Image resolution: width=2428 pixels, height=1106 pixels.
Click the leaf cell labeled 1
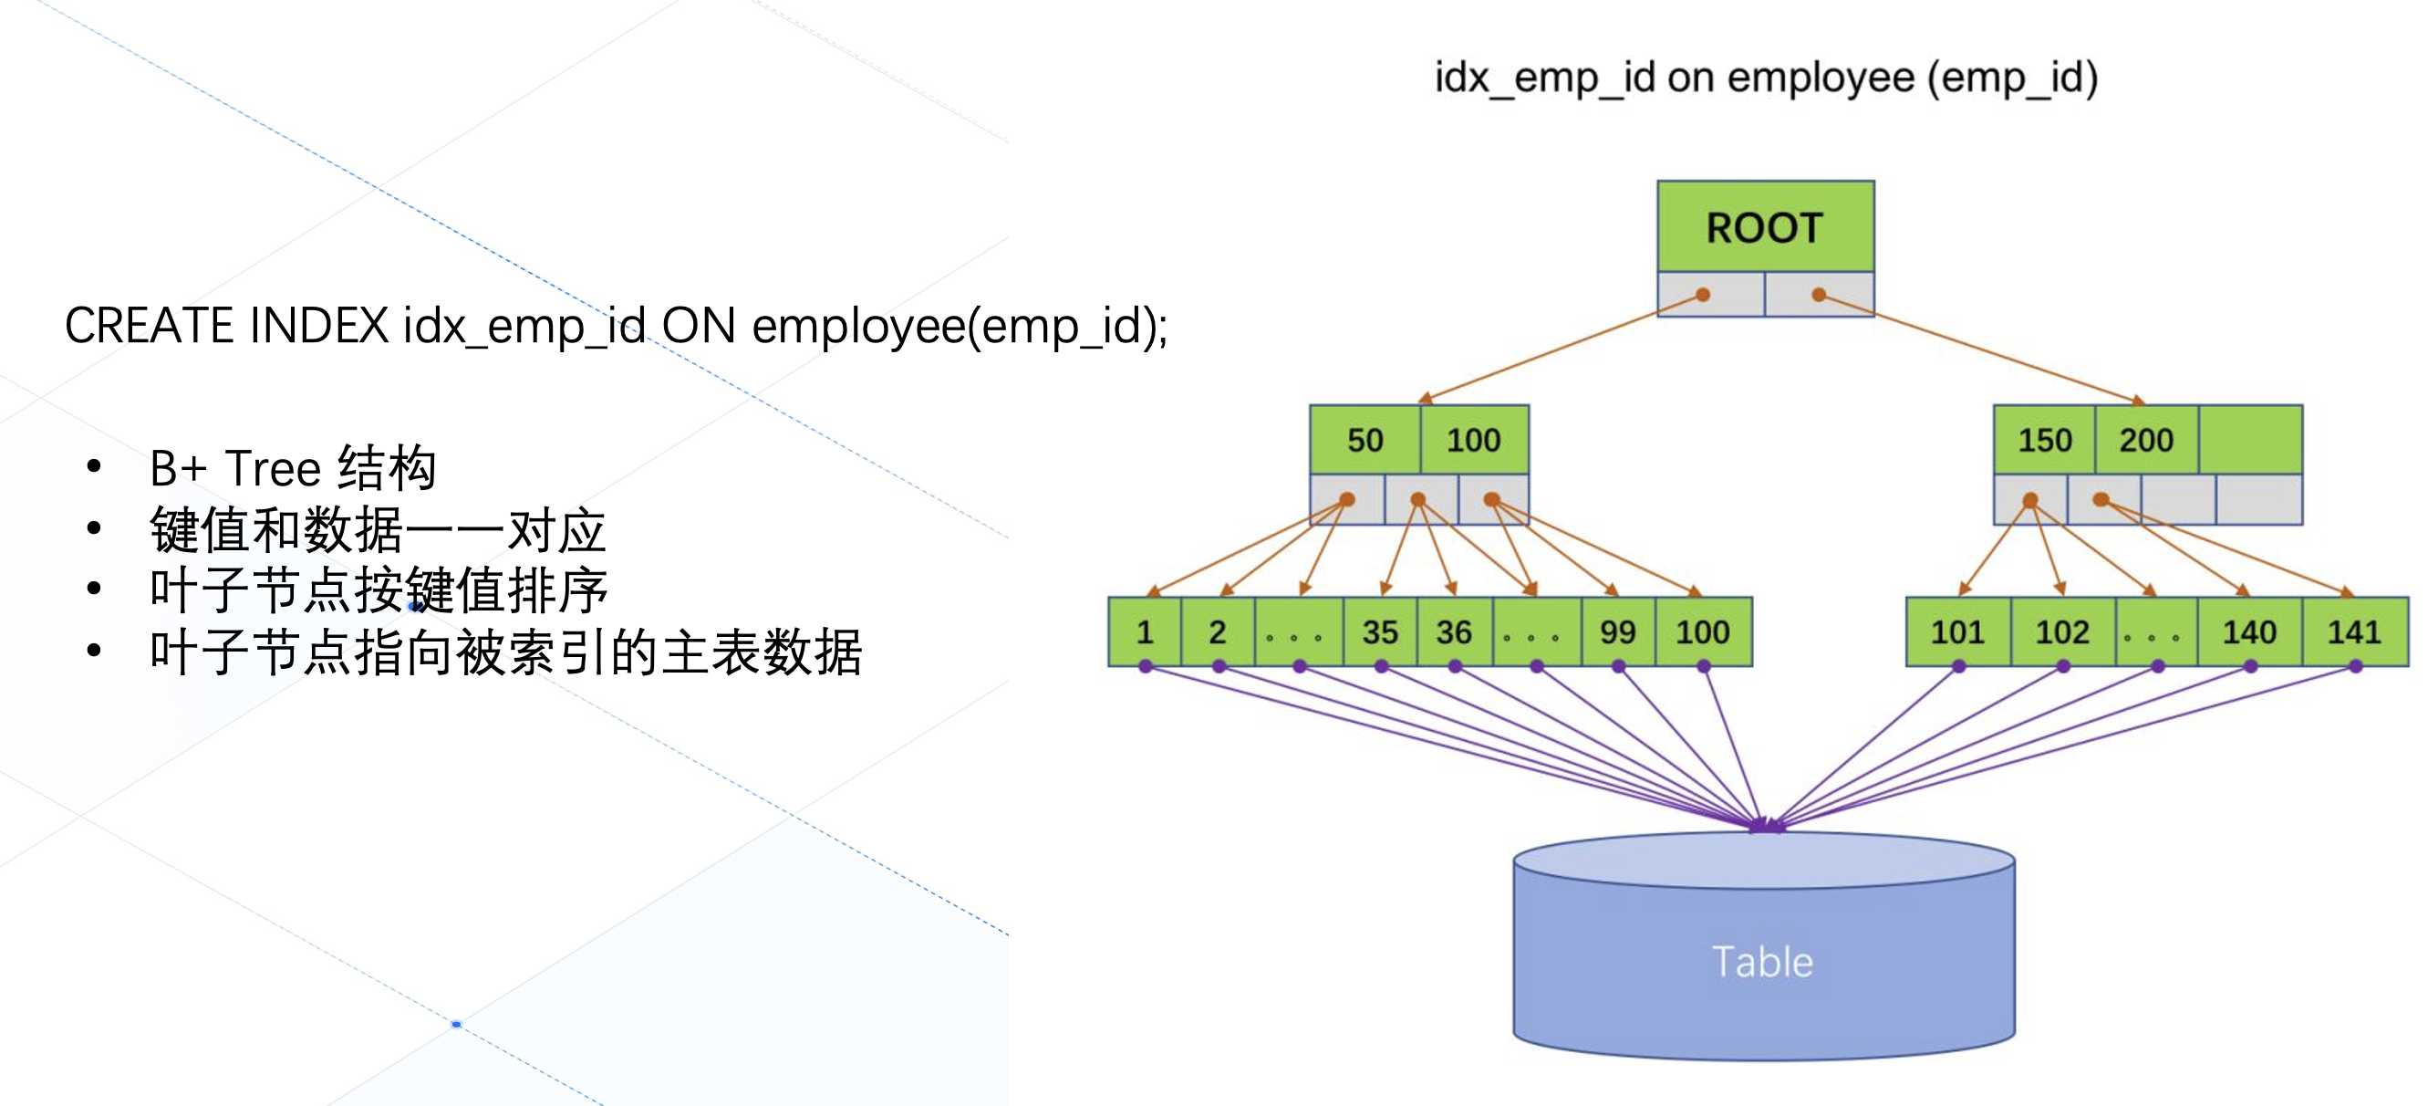1145,631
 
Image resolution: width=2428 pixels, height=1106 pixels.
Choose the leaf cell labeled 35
1380,631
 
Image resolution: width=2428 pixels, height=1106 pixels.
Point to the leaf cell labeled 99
1617,631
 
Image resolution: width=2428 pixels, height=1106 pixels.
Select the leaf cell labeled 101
1957,631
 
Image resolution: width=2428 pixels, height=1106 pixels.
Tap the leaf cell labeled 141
2353,631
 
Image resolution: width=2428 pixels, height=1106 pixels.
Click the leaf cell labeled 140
2249,631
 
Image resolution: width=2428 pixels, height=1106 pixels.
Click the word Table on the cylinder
1761,963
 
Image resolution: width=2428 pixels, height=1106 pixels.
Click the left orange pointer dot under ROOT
1702,295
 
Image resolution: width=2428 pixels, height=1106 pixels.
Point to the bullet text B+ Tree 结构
292,469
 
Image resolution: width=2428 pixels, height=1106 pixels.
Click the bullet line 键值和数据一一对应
377,531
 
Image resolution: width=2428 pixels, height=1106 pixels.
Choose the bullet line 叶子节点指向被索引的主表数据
505,652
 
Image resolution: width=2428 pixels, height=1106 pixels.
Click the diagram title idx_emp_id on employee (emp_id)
1766,78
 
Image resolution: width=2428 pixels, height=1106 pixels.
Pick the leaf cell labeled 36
1453,631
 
